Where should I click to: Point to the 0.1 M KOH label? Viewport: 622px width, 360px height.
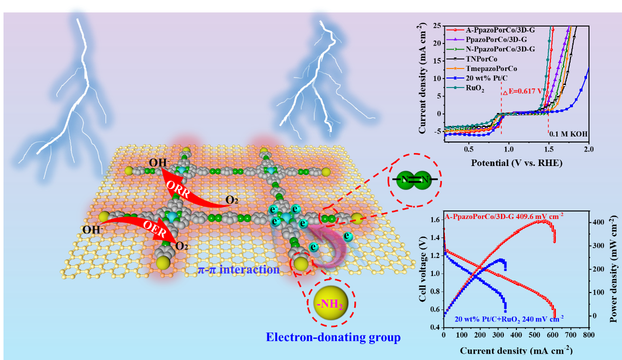pyautogui.click(x=568, y=134)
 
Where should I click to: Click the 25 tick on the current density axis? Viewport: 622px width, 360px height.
pyautogui.click(x=437, y=25)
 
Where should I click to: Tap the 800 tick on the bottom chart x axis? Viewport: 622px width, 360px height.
pyautogui.click(x=589, y=333)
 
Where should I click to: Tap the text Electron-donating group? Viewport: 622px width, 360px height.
pyautogui.click(x=333, y=337)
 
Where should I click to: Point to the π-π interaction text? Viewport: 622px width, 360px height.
pyautogui.click(x=239, y=270)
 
